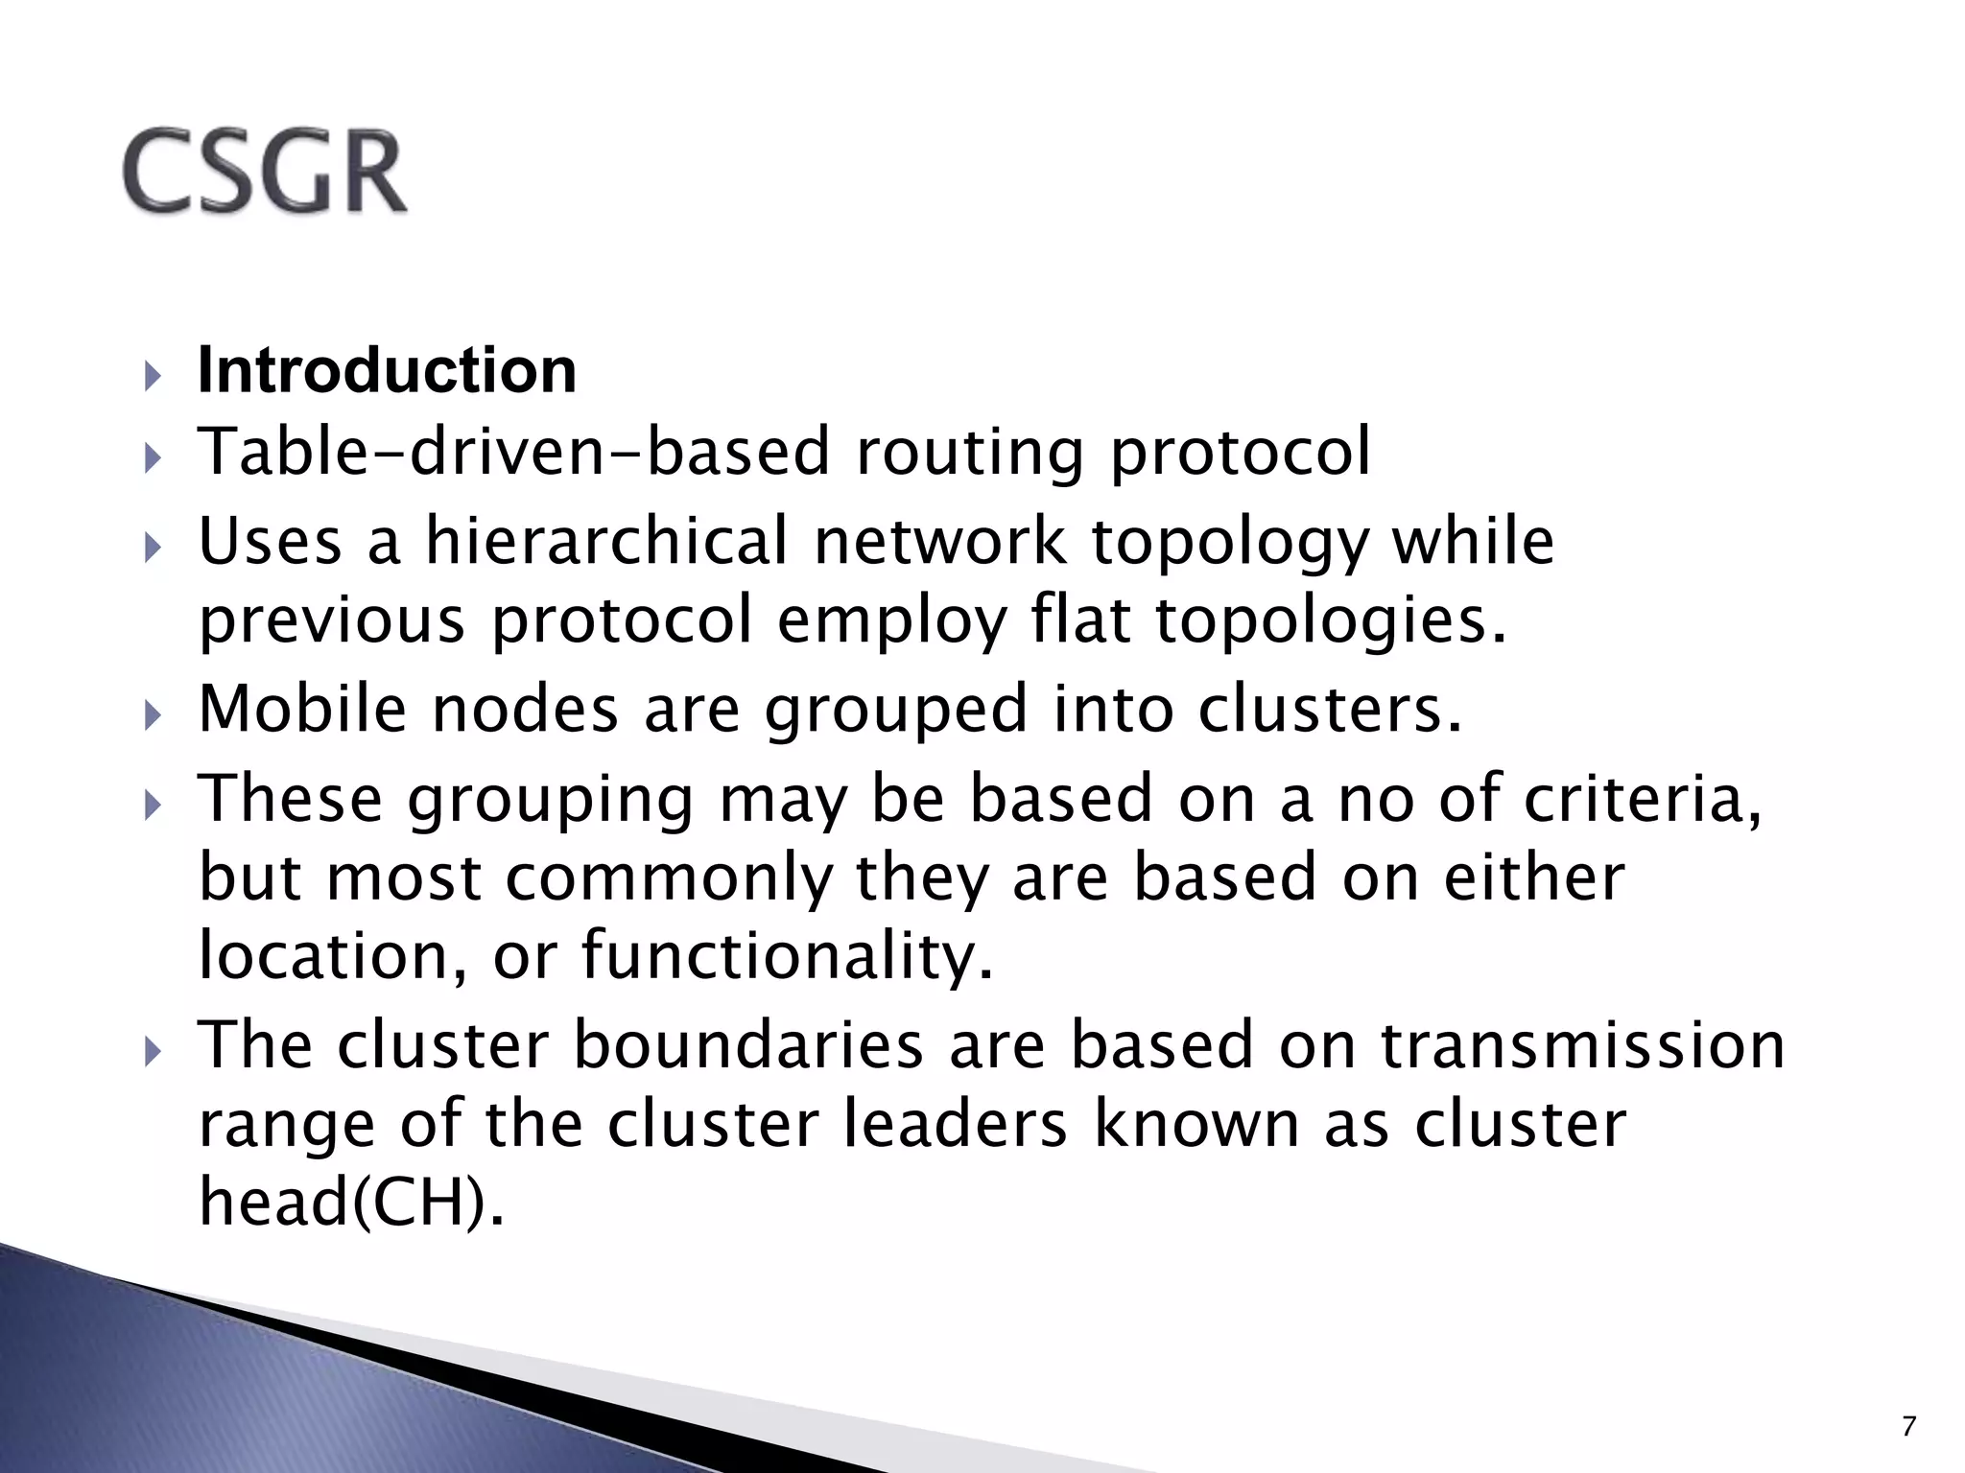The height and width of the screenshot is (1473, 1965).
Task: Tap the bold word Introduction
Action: coord(387,370)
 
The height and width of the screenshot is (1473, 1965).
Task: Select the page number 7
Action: coord(1908,1427)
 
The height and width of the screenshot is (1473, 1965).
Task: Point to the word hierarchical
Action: coord(606,541)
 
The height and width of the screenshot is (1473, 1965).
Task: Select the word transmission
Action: coord(1583,1044)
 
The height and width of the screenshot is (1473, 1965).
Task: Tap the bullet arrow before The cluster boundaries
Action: coord(151,1051)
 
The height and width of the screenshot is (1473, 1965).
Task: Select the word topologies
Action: coord(1331,621)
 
